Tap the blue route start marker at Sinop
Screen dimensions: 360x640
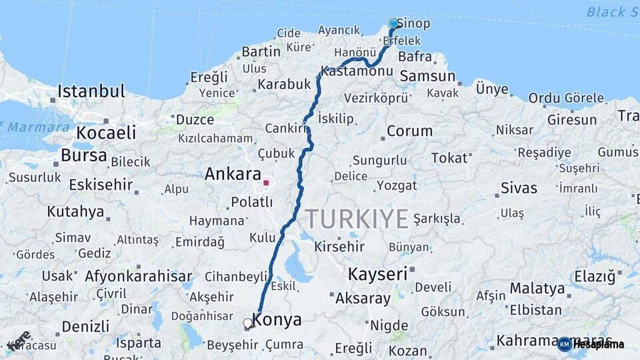point(393,24)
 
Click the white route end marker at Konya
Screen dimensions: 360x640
point(248,323)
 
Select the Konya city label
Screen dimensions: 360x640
point(277,320)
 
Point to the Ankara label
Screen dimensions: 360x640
point(233,175)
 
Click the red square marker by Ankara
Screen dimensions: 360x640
point(266,182)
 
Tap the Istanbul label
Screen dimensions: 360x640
point(91,91)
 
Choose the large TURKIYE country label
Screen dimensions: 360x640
point(357,219)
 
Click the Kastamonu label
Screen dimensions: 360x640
point(356,71)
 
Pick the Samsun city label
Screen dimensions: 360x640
point(427,76)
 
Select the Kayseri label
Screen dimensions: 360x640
point(377,274)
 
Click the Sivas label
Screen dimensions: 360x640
point(519,187)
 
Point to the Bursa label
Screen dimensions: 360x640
point(83,156)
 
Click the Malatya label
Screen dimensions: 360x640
point(537,289)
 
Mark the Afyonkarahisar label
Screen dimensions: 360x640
point(138,276)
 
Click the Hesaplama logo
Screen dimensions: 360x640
point(591,344)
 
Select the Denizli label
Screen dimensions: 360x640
point(85,327)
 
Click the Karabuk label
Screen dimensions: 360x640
point(285,85)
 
